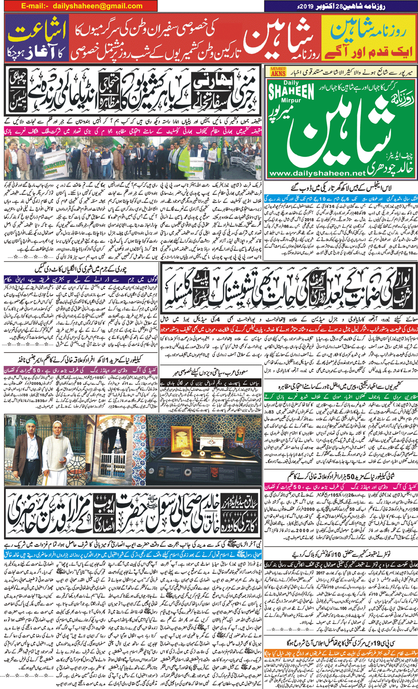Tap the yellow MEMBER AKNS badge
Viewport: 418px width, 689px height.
pos(278,71)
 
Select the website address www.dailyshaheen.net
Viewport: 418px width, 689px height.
pos(317,173)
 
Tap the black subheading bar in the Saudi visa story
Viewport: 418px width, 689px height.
pos(210,383)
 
